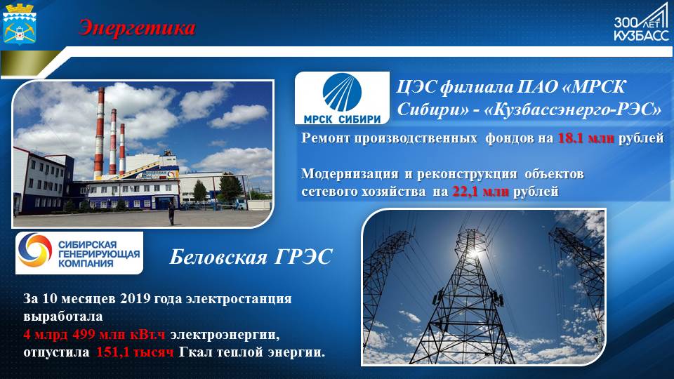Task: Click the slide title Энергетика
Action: [x=137, y=28]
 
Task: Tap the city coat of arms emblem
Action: [x=20, y=24]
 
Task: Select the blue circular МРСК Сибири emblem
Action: [x=342, y=93]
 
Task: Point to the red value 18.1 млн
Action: [x=586, y=138]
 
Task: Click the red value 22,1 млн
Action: [x=480, y=191]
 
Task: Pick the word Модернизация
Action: [x=350, y=173]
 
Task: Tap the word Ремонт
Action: [x=325, y=138]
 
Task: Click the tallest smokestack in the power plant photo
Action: [x=99, y=133]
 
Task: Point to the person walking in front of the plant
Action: [x=171, y=213]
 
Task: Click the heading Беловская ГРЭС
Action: [x=251, y=257]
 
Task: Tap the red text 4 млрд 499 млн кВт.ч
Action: [x=95, y=334]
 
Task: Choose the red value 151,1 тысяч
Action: [x=135, y=352]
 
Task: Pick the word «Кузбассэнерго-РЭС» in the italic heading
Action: [x=573, y=110]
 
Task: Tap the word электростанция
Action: [x=239, y=299]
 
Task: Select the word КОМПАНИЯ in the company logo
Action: [x=86, y=263]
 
